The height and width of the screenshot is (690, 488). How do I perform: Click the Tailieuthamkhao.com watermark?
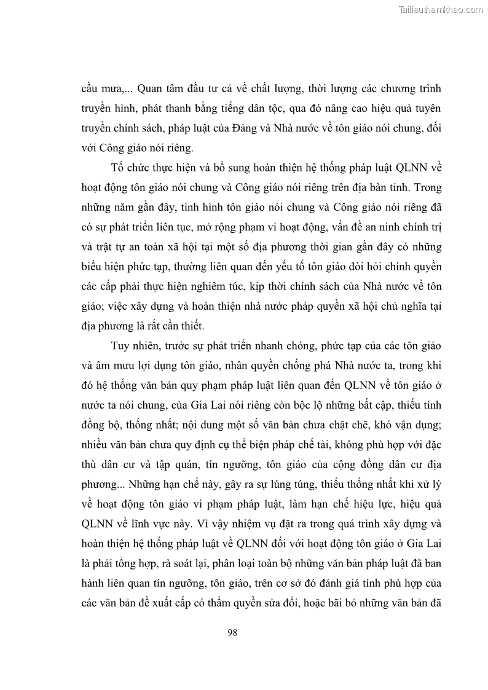(x=441, y=9)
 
